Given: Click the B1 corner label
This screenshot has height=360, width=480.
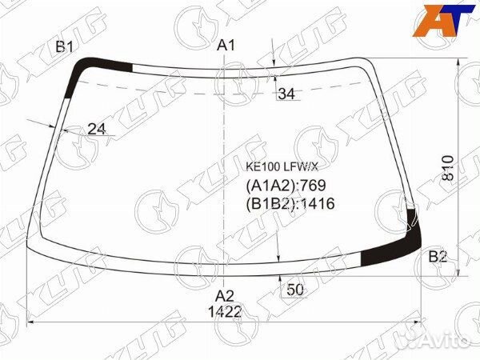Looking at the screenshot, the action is (65, 47).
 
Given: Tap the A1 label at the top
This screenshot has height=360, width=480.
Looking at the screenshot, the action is (226, 46).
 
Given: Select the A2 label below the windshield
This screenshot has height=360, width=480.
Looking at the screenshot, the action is (225, 296).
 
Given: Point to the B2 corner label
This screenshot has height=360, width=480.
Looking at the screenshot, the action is (438, 257).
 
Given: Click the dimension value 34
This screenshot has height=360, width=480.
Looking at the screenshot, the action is (287, 94).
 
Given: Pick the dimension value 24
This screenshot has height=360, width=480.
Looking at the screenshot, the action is (97, 129).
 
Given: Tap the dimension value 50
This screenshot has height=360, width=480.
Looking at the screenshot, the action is (295, 290).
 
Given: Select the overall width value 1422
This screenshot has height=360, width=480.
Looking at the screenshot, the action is (225, 312).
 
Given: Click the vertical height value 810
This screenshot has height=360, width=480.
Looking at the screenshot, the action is (448, 168).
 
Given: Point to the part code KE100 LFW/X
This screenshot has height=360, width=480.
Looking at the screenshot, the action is (282, 167).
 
